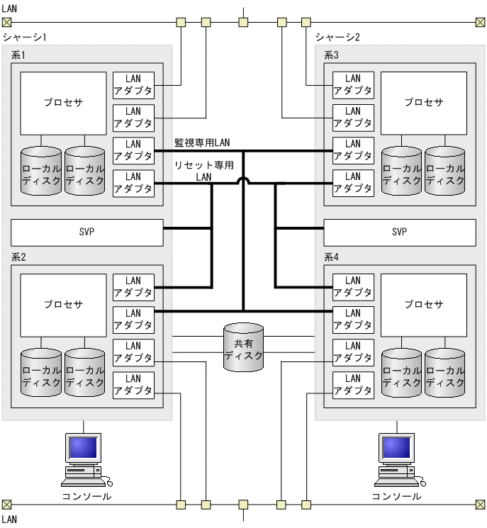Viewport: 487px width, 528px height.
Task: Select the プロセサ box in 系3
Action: (424, 102)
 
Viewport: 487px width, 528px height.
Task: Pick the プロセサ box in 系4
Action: (424, 305)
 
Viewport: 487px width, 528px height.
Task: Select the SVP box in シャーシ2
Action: (400, 232)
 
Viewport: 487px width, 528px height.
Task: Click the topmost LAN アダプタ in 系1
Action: (133, 84)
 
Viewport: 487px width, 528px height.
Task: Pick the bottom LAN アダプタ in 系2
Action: (133, 385)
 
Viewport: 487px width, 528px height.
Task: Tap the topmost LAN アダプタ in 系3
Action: (353, 84)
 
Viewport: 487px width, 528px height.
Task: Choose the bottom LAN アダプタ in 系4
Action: (353, 385)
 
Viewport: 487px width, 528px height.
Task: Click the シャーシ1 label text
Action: (25, 37)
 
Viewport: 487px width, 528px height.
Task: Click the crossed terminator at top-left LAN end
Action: (6, 22)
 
